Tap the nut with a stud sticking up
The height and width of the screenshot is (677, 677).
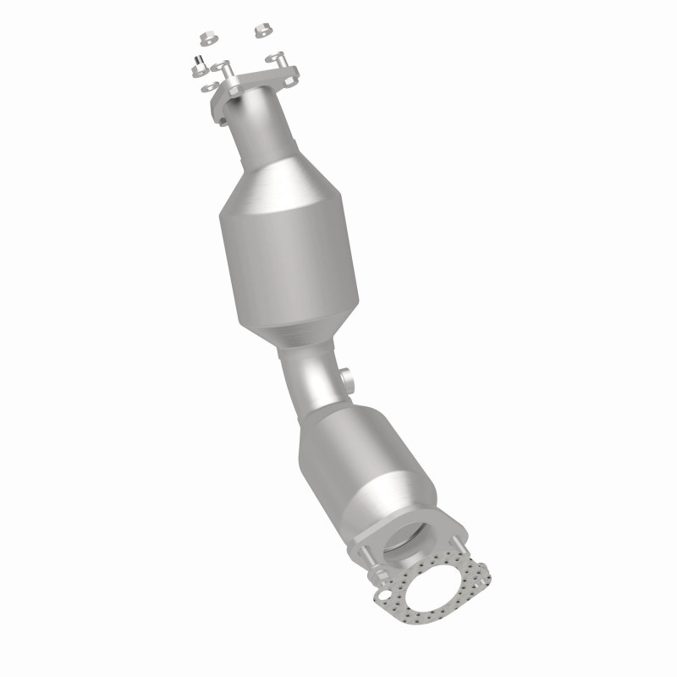point(195,62)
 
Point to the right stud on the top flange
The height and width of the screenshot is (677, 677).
point(276,59)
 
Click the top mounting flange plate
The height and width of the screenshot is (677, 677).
point(254,85)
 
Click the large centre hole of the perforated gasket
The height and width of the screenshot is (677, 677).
point(433,588)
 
